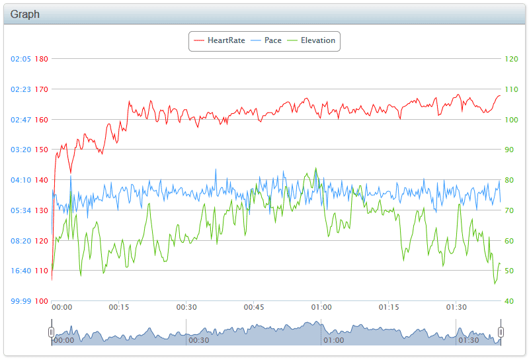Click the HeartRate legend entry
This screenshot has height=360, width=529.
pyautogui.click(x=220, y=40)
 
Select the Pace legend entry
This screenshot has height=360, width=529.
pyautogui.click(x=266, y=40)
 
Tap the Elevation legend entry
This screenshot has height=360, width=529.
pyautogui.click(x=311, y=40)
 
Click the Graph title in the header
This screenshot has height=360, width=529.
pyautogui.click(x=25, y=14)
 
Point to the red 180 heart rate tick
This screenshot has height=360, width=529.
pyautogui.click(x=42, y=59)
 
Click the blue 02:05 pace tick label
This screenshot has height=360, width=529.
pyautogui.click(x=20, y=59)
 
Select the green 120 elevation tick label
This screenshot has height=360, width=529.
pyautogui.click(x=511, y=59)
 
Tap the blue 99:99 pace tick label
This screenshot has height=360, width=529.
pyautogui.click(x=20, y=301)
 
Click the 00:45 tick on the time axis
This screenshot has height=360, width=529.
pyautogui.click(x=254, y=307)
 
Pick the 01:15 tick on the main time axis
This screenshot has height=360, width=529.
pyautogui.click(x=389, y=307)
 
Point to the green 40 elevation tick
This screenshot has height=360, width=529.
pyautogui.click(x=509, y=301)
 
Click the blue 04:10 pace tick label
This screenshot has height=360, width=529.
pyautogui.click(x=20, y=180)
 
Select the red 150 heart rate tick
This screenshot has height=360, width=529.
pyautogui.click(x=42, y=150)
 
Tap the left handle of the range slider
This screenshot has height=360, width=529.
pyautogui.click(x=52, y=332)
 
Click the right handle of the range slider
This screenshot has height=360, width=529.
pyautogui.click(x=501, y=332)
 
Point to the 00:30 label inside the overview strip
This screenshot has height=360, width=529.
pyautogui.click(x=199, y=340)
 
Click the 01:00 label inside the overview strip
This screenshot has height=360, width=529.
pyautogui.click(x=334, y=340)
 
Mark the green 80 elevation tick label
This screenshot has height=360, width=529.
pyautogui.click(x=509, y=180)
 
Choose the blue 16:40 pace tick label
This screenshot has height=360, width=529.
pyautogui.click(x=20, y=271)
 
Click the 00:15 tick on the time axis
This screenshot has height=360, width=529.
pyautogui.click(x=119, y=307)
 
